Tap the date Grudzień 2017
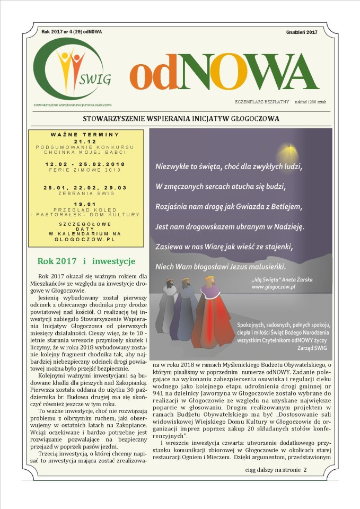301,32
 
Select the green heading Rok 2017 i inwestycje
86,261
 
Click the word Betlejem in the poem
285,206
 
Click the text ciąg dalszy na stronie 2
276,469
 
